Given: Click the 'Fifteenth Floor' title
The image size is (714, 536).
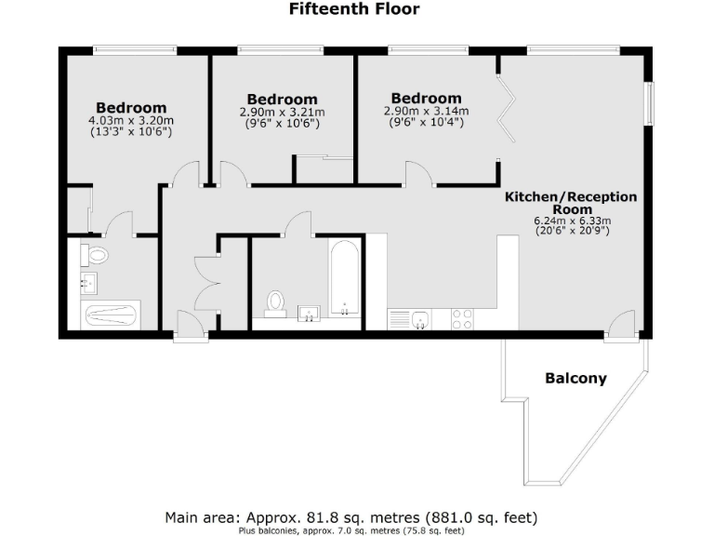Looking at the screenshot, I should (354, 10).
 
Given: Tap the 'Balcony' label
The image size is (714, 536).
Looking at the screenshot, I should (575, 379).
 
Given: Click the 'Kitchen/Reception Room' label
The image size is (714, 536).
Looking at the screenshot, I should (571, 203).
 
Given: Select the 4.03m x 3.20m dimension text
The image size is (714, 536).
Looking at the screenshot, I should (131, 121).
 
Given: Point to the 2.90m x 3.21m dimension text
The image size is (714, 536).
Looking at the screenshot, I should (282, 112).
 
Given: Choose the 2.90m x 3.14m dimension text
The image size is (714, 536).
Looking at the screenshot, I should (426, 111).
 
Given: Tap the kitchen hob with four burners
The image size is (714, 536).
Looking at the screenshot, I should (462, 318).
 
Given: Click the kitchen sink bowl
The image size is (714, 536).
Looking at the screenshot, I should (421, 318).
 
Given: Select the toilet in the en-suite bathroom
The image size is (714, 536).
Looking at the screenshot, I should (96, 254).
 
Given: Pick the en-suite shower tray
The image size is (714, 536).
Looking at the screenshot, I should (111, 315).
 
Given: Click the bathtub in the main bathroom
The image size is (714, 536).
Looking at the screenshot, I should (344, 278).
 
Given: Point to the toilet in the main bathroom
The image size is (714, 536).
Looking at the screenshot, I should (275, 302).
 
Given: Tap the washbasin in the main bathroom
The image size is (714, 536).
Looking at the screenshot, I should (309, 313).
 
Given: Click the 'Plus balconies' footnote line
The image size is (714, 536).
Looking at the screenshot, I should (351, 530).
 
